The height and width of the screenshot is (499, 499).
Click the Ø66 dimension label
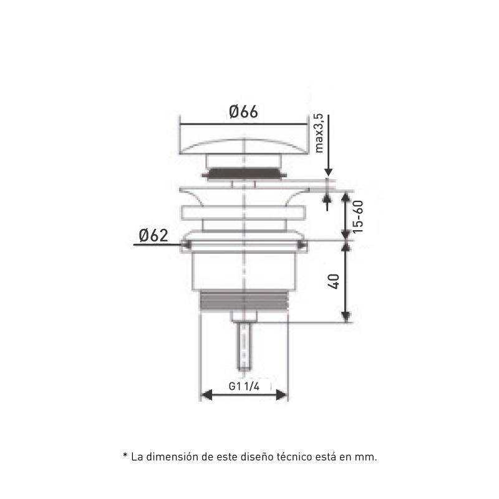243,112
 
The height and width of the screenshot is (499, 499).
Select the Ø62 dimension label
153,236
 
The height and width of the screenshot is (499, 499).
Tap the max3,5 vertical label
319,133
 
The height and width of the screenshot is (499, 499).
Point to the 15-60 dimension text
357,216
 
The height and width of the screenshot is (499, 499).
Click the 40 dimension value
334,281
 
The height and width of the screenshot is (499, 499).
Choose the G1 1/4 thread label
244,386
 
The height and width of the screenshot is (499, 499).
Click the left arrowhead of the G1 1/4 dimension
207,395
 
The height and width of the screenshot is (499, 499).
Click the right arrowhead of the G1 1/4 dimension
281,395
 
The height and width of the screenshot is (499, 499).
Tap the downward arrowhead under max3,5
329,172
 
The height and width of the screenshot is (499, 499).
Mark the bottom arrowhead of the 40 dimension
346,316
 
